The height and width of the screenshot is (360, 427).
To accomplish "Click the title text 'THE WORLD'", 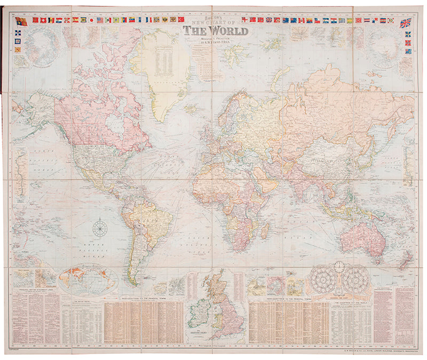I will [x=216, y=30].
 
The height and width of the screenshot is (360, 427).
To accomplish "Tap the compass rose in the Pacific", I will [x=99, y=228].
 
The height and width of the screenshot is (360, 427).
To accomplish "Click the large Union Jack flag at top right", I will [x=406, y=22].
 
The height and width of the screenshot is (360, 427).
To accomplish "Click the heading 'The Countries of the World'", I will [x=350, y=302].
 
